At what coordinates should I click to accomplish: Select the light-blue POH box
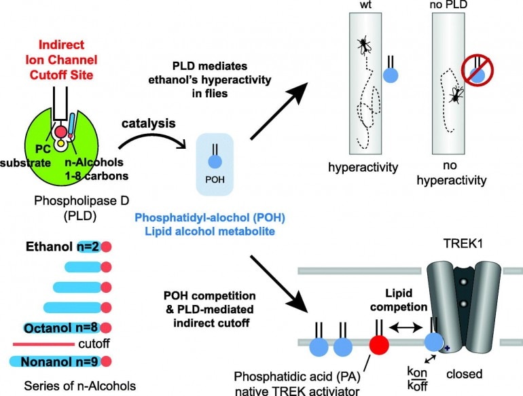click(x=214, y=164)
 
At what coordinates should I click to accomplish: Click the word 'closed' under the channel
click(x=479, y=374)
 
